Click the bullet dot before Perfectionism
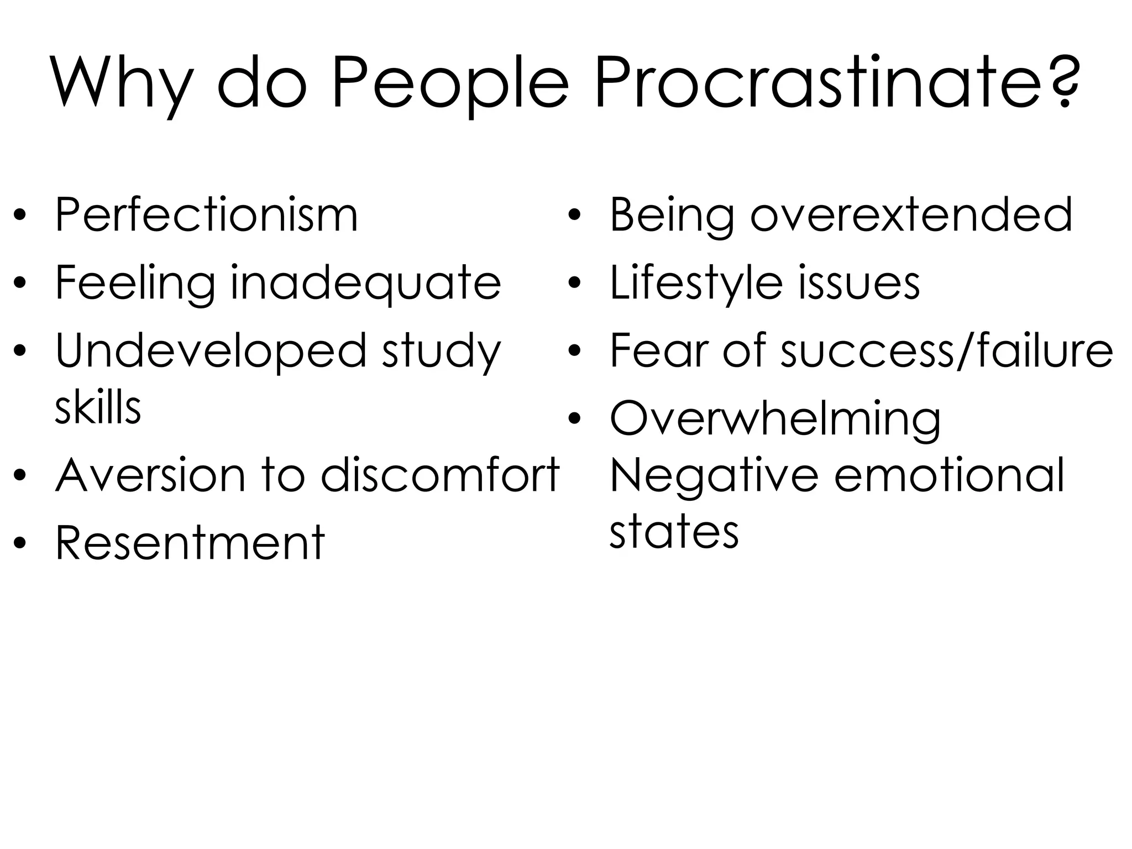pos(20,216)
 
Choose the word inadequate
pos(365,283)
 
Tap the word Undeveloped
pos(211,352)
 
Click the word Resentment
pos(190,543)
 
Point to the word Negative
pos(714,475)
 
